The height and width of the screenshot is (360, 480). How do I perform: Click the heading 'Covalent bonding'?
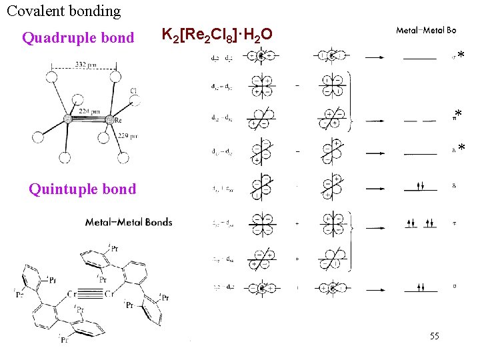[x=64, y=11]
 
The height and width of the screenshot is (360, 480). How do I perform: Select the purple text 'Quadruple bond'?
[x=78, y=38]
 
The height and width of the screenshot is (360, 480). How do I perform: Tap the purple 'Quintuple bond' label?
[x=82, y=189]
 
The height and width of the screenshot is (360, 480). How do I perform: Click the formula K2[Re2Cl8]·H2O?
[x=217, y=34]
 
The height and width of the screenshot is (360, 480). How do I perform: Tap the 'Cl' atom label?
[x=133, y=91]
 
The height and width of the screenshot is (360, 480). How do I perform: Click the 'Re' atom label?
[x=117, y=121]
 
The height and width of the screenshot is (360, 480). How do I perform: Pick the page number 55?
[x=434, y=336]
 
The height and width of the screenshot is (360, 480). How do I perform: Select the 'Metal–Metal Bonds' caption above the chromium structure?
[x=128, y=222]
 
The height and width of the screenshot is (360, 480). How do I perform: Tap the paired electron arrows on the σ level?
[x=420, y=288]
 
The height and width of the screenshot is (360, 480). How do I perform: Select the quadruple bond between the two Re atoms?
[x=87, y=119]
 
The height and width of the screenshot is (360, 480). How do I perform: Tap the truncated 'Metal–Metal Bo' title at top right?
[x=426, y=30]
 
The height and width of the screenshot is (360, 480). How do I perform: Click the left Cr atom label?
[x=72, y=293]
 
